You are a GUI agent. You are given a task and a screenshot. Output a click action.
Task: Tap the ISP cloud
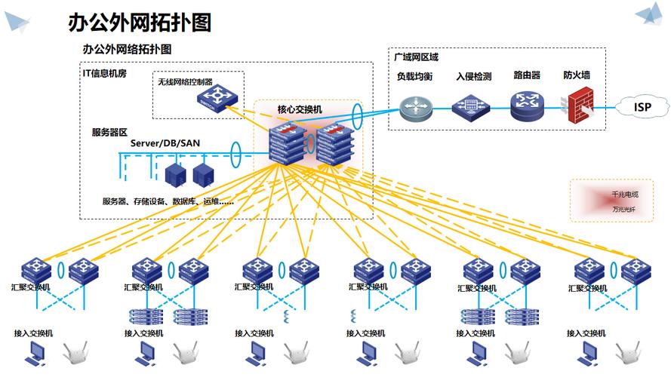(642, 107)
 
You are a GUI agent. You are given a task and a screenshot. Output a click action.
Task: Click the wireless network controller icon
(216, 97)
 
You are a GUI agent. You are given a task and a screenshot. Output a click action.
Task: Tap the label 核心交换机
(300, 109)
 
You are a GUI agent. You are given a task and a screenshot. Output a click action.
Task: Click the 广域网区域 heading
(416, 57)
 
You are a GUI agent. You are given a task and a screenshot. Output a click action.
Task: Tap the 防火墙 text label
(577, 75)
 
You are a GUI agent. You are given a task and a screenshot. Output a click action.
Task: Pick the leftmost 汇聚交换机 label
(31, 287)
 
